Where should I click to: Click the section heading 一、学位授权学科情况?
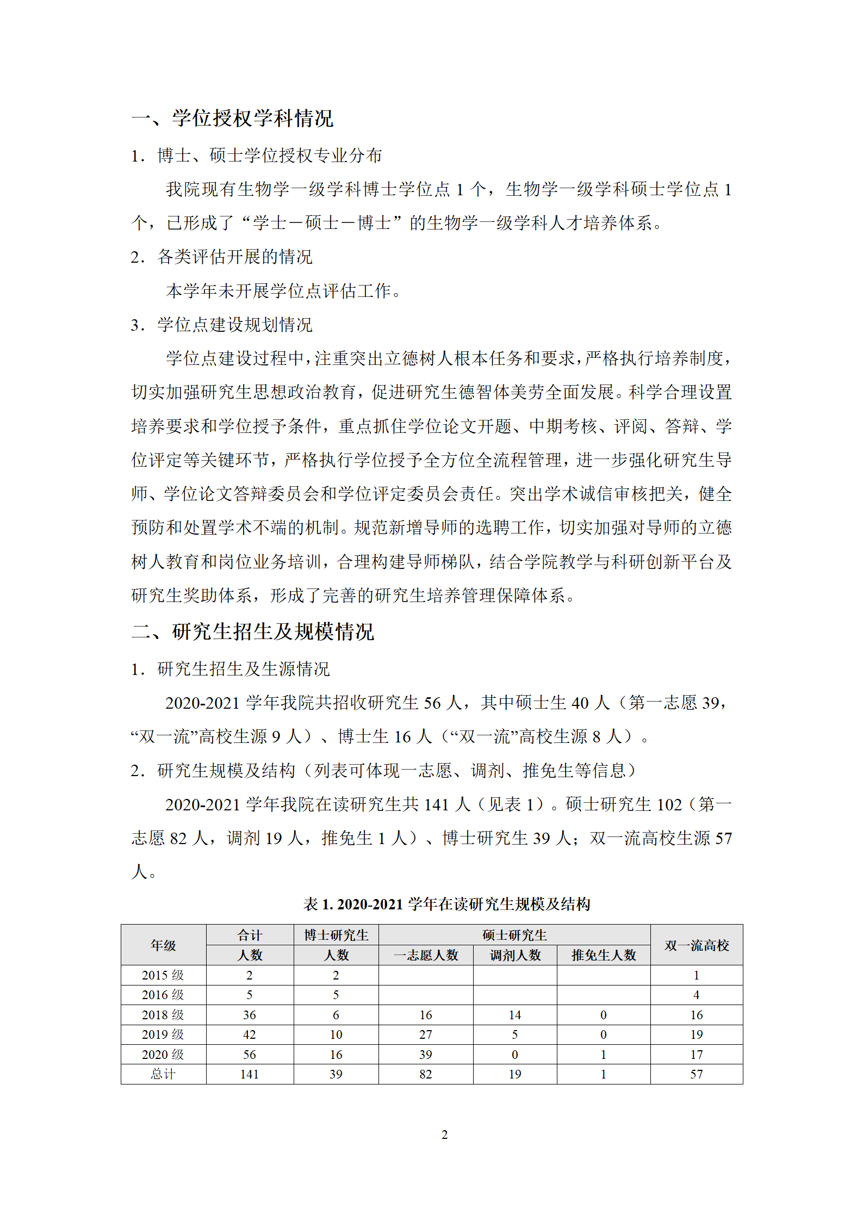232,118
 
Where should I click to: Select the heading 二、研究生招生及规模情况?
253,631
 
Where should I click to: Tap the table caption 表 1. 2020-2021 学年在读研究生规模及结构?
446,904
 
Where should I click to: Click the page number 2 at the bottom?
444,1135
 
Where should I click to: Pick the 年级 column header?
163,945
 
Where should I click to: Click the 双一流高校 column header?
696,945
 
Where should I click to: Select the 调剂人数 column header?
515,955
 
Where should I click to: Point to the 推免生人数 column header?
604,955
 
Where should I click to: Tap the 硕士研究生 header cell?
514,935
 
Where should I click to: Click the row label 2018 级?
163,1015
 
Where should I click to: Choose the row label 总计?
163,1074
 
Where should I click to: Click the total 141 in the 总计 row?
250,1074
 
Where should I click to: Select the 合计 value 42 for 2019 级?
250,1034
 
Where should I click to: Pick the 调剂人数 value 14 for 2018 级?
515,1015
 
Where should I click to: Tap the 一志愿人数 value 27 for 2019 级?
426,1034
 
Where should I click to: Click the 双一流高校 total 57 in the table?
697,1074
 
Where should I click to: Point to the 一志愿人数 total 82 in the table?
426,1074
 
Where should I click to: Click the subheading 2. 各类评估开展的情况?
222,257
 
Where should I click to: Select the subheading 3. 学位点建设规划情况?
222,325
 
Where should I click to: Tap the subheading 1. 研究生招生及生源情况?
231,669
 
